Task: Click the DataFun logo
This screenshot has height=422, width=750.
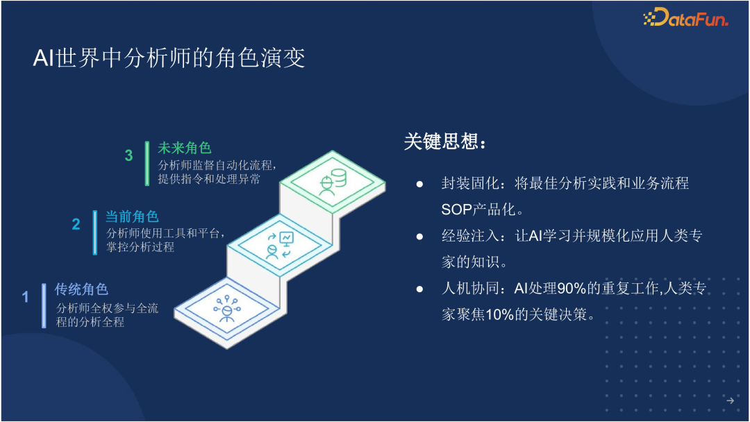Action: point(685,18)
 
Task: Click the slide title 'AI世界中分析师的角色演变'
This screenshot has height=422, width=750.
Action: point(169,58)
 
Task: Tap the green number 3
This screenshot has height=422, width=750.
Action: point(128,155)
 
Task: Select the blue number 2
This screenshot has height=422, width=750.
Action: point(76,224)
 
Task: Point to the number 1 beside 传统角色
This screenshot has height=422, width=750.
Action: point(26,297)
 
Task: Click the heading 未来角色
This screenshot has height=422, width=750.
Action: point(184,148)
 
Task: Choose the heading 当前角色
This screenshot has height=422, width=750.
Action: point(132,217)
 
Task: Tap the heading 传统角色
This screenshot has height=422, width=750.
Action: point(81,289)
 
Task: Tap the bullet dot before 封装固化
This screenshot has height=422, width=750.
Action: point(419,184)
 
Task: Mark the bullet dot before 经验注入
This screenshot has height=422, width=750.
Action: point(419,237)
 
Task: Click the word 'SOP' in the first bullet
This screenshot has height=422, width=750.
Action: point(456,210)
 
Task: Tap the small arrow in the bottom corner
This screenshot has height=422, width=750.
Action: point(729,400)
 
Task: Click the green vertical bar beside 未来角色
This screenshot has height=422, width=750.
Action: point(147,164)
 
